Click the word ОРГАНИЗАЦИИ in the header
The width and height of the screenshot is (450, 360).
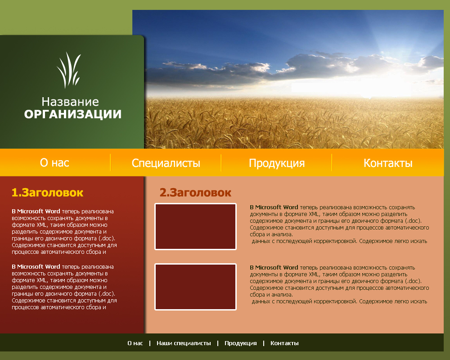tap(72, 114)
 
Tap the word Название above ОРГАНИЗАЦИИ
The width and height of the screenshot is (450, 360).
tap(70, 102)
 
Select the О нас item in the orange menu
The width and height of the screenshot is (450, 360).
tap(54, 162)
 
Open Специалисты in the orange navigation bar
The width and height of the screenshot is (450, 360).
tap(166, 163)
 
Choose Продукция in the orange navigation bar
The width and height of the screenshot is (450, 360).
tap(277, 163)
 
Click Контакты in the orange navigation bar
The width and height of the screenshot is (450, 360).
tap(388, 163)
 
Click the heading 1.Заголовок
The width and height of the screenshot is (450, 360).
tap(47, 193)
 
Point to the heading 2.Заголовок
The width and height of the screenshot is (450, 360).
tap(195, 193)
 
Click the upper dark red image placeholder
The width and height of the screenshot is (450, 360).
tap(195, 226)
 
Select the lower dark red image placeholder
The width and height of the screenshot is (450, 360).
tap(195, 287)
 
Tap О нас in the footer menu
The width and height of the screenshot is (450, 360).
tap(135, 343)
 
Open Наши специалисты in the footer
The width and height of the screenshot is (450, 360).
tap(184, 343)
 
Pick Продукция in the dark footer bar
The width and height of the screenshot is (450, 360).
tap(241, 343)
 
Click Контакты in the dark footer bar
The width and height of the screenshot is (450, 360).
tap(284, 343)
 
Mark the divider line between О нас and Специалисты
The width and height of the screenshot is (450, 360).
tap(110, 162)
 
